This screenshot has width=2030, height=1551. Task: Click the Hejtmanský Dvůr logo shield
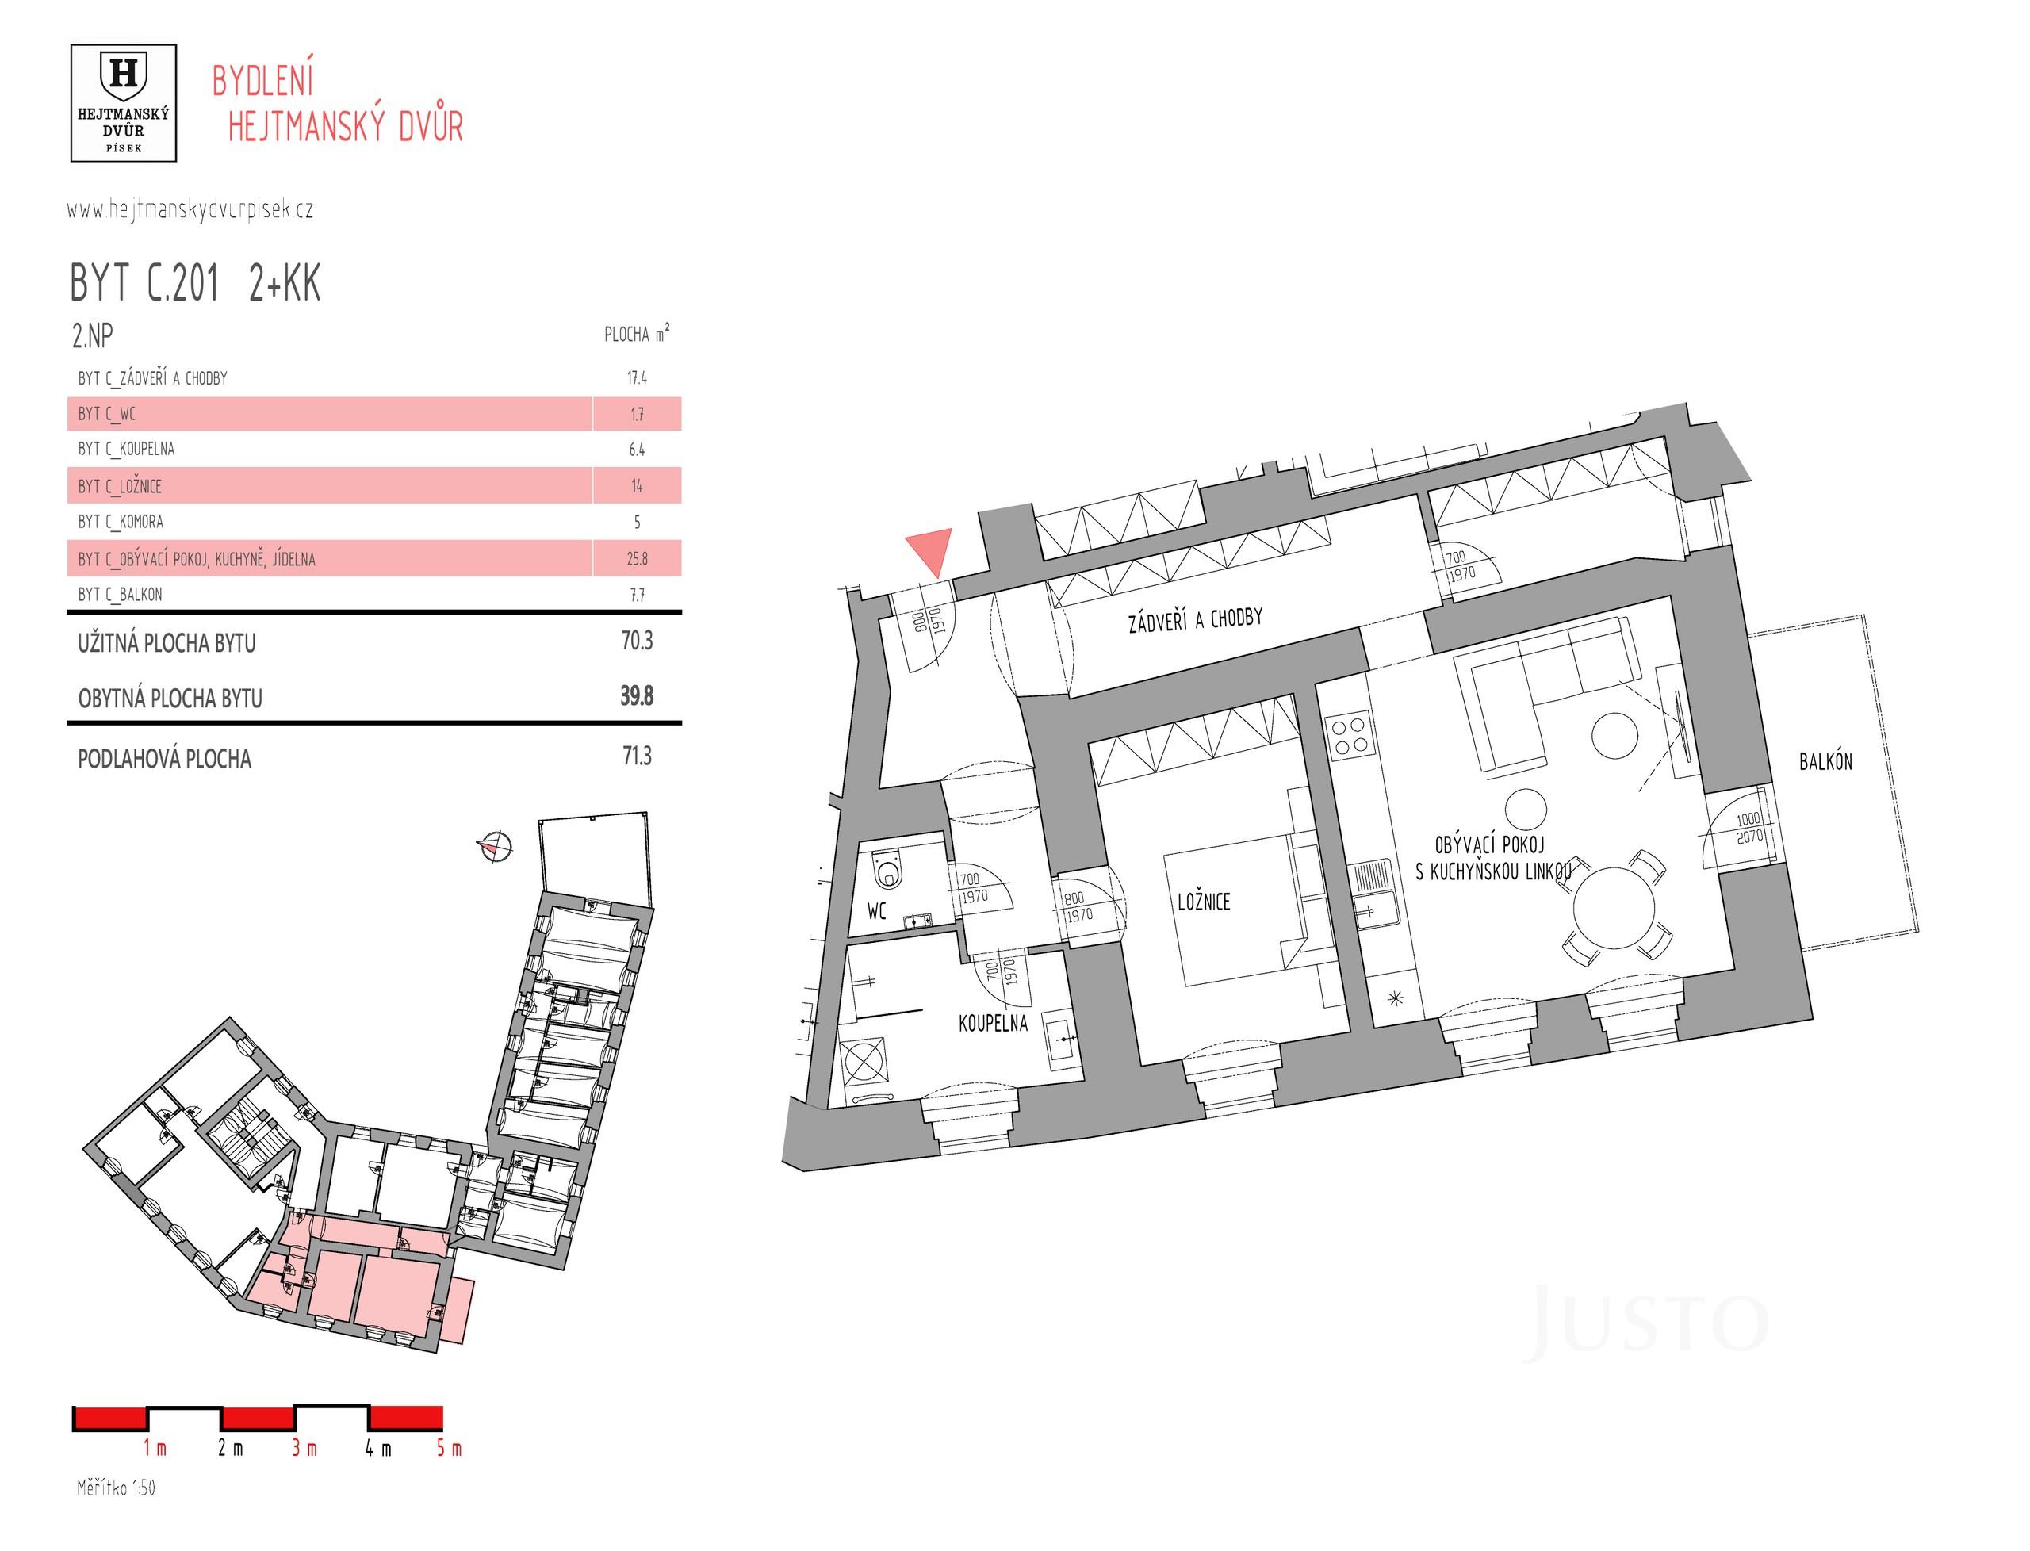pyautogui.click(x=123, y=74)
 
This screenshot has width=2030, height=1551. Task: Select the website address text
pyautogui.click(x=190, y=209)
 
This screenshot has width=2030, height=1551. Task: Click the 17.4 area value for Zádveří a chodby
pyautogui.click(x=636, y=377)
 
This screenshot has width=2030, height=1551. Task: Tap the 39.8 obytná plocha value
pyautogui.click(x=636, y=695)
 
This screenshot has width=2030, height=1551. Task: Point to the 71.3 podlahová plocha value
pyautogui.click(x=636, y=756)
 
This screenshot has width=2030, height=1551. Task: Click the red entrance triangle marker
pyautogui.click(x=929, y=551)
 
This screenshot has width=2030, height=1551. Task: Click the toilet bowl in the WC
pyautogui.click(x=888, y=870)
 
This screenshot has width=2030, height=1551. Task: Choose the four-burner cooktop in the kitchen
pyautogui.click(x=1349, y=736)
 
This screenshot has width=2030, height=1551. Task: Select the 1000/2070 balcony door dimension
pyautogui.click(x=1748, y=828)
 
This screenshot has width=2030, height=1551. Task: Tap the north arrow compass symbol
pyautogui.click(x=495, y=844)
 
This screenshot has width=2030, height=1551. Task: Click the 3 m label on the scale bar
pyautogui.click(x=304, y=1449)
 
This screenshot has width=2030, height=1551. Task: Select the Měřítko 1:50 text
pyautogui.click(x=116, y=1488)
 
